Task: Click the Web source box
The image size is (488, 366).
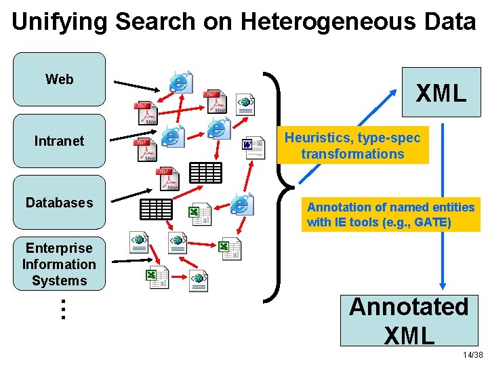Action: coord(60,79)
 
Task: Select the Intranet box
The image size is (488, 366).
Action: coord(60,141)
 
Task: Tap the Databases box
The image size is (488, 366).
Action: coord(60,203)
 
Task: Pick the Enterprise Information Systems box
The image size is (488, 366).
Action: coord(60,264)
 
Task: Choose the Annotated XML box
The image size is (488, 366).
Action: coord(409,320)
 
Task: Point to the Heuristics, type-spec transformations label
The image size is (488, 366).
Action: coord(352,146)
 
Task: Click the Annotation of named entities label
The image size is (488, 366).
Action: coord(390,214)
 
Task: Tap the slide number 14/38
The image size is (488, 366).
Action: coord(472,355)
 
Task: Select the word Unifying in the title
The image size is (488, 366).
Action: coord(60,22)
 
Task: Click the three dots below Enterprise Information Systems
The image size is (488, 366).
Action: coord(62,309)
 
